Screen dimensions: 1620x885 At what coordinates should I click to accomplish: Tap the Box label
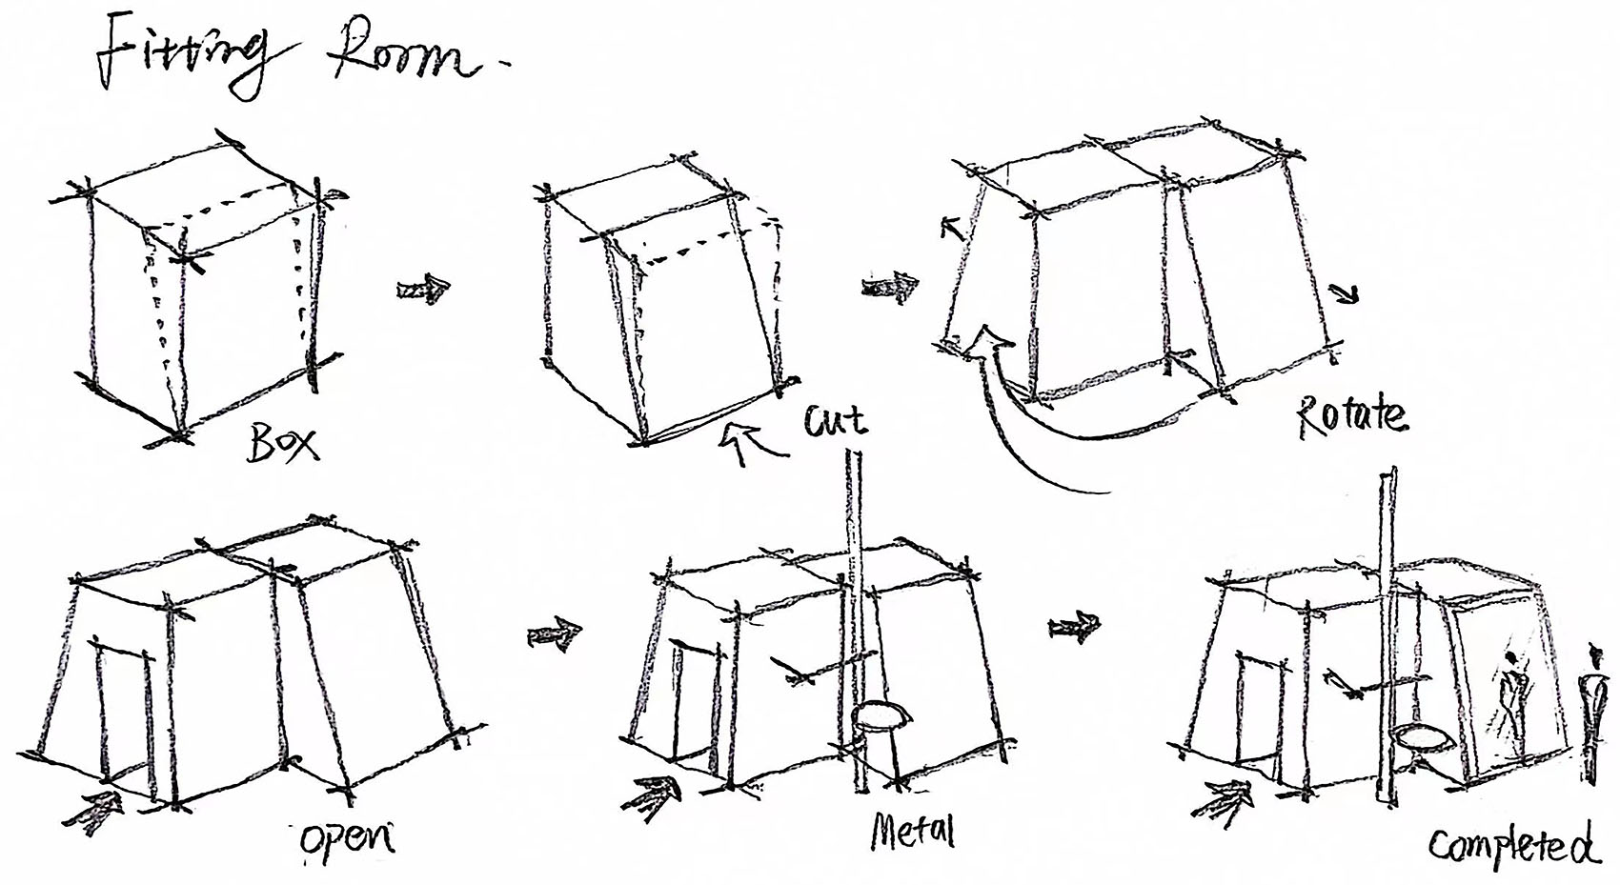tap(282, 441)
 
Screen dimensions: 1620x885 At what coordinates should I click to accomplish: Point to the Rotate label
tap(1349, 417)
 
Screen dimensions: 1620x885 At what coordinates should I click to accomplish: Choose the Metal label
tap(912, 832)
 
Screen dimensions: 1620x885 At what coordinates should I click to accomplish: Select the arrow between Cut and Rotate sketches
tap(889, 288)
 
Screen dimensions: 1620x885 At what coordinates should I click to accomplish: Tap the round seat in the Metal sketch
tap(881, 715)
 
